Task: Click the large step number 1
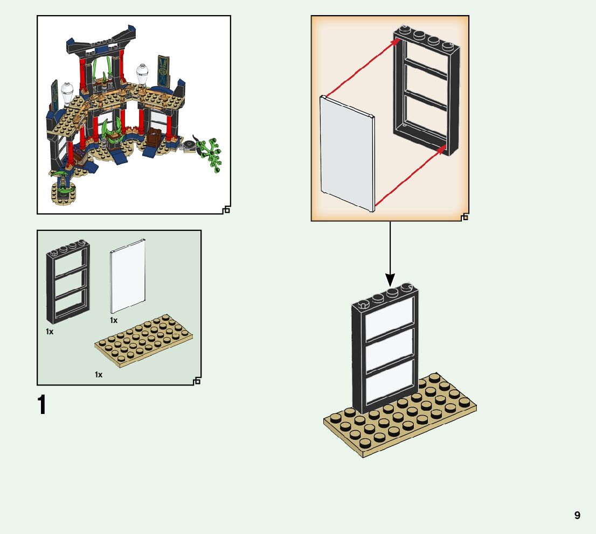pos(41,405)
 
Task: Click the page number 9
pos(577,515)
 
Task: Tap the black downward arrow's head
pos(390,280)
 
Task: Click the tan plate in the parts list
pos(143,341)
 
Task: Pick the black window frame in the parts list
pos(67,280)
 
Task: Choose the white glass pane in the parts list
pos(128,275)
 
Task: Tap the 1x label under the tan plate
pos(99,374)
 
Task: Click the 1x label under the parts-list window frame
pos(50,332)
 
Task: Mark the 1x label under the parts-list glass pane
pos(114,320)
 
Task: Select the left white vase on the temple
pos(67,92)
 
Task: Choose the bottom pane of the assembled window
pos(391,380)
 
